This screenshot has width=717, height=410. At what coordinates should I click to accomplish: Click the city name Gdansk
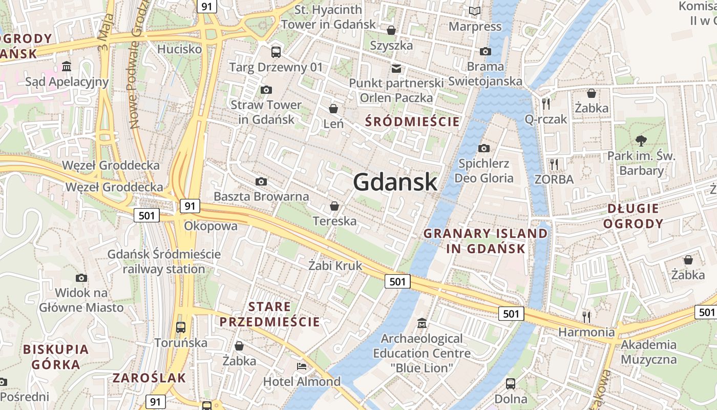(395, 182)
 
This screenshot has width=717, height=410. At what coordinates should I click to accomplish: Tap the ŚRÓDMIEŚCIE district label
(412, 121)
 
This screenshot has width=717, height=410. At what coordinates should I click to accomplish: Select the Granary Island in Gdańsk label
(486, 241)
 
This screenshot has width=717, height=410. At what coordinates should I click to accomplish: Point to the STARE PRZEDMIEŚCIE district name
(269, 314)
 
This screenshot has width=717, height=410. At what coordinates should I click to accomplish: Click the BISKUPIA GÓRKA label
(56, 357)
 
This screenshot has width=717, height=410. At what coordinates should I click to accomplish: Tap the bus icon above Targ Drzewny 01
(276, 52)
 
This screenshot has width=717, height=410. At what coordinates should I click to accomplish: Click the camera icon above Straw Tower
(266, 90)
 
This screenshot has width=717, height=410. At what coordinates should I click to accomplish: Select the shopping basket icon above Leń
(333, 109)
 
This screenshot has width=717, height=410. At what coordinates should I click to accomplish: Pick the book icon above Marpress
(475, 11)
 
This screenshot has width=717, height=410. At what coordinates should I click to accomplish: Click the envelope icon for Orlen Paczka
(396, 68)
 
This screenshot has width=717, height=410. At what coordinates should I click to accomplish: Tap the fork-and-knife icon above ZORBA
(554, 165)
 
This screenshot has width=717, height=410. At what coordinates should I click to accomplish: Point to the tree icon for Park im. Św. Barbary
(641, 140)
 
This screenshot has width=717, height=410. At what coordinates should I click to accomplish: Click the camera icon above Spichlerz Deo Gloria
(484, 149)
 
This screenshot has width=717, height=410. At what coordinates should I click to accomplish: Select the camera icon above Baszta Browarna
(261, 182)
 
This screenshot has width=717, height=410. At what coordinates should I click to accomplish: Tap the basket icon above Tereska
(334, 206)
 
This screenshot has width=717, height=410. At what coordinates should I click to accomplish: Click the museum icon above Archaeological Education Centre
(422, 323)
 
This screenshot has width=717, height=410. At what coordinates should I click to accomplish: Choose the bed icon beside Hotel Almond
(302, 366)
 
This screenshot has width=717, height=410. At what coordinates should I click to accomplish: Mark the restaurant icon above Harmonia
(586, 317)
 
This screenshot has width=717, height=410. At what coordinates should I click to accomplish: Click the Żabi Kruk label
(335, 265)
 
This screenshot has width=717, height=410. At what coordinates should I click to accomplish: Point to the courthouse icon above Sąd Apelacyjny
(67, 67)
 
